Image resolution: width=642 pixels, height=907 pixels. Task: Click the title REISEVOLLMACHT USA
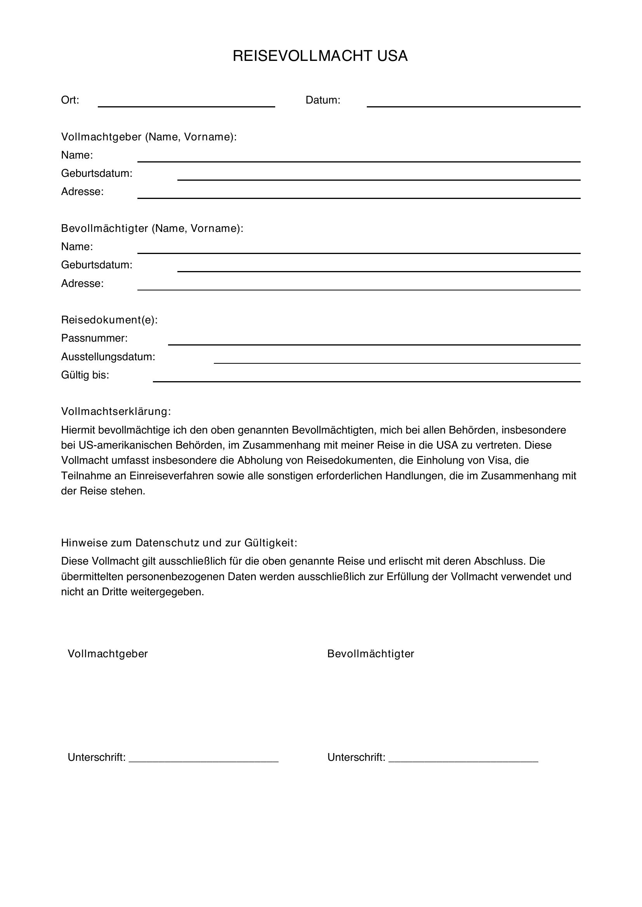[320, 56]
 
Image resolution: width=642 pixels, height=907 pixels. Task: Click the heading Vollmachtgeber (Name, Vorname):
[149, 136]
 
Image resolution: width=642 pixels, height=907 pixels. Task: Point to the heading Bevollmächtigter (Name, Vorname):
[152, 228]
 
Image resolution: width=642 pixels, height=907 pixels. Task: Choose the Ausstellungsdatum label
[108, 357]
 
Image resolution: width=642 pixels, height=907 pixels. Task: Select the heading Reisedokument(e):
[109, 320]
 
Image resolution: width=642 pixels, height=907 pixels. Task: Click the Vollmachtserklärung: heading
[116, 412]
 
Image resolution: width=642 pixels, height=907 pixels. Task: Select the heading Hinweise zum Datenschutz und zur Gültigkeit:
[179, 543]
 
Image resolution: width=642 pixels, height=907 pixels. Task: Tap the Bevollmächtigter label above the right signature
[370, 654]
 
